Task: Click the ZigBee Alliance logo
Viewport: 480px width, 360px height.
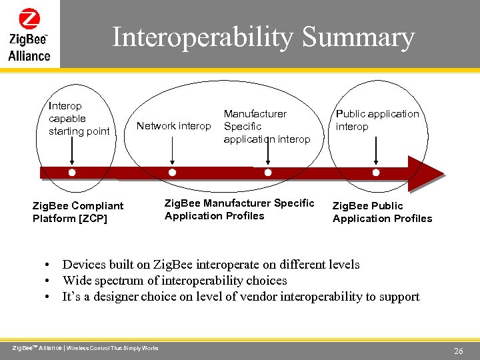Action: pos(29,34)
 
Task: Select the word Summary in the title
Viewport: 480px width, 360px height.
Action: pos(358,37)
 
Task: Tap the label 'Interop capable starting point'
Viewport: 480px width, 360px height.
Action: pos(79,119)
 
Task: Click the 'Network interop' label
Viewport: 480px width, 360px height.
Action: pos(173,126)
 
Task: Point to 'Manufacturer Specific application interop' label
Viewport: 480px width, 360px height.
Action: pos(267,127)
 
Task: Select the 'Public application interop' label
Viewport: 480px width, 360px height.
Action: pos(377,120)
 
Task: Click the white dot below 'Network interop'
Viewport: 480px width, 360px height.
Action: pos(172,173)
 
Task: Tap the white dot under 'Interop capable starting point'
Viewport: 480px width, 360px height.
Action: pos(72,173)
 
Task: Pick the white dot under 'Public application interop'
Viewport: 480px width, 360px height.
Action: pos(376,173)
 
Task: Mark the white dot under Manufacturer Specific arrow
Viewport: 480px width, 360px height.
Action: pos(268,173)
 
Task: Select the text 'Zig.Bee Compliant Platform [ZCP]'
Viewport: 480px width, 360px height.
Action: pos(78,212)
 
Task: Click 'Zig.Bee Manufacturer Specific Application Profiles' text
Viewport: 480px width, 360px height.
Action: pos(239,209)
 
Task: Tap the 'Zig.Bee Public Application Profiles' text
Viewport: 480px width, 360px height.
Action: pos(382,212)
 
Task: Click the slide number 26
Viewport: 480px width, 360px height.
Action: pos(458,351)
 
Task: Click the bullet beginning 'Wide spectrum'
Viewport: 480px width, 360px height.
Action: pos(174,281)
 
